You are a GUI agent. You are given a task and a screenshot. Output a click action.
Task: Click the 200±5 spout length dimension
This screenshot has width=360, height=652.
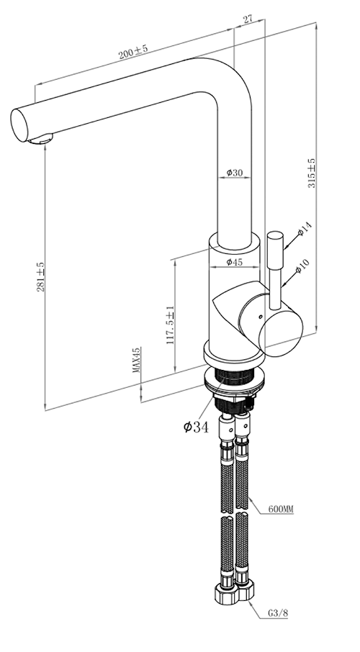(x=132, y=52)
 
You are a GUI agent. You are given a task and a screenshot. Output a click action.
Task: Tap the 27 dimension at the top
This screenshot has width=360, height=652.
(x=248, y=19)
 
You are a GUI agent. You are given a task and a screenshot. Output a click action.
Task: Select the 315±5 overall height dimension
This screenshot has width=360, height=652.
(x=312, y=173)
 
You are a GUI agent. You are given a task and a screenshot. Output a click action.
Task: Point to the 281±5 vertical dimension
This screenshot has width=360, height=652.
(x=41, y=276)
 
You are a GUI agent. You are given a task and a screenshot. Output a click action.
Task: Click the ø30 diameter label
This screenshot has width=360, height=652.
(x=234, y=173)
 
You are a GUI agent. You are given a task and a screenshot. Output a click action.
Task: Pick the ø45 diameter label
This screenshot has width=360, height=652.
(x=234, y=262)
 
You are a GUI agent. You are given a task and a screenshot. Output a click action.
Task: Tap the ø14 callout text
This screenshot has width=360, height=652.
(x=305, y=229)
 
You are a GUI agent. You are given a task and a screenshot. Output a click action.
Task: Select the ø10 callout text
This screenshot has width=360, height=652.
(x=302, y=266)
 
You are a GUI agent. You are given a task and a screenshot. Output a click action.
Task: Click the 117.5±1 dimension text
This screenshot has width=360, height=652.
(x=170, y=325)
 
